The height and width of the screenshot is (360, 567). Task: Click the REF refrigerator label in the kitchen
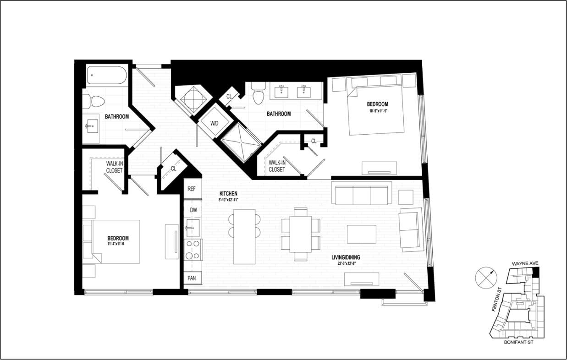192,188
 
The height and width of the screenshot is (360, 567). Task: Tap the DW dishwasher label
193,210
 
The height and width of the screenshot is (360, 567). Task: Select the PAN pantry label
192,278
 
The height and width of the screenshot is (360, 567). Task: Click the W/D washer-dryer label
215,123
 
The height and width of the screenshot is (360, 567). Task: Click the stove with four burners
193,250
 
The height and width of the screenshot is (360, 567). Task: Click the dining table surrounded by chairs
300,234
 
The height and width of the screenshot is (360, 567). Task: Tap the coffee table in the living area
362,234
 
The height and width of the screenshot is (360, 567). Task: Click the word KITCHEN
228,194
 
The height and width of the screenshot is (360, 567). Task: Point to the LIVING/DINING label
346,257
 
